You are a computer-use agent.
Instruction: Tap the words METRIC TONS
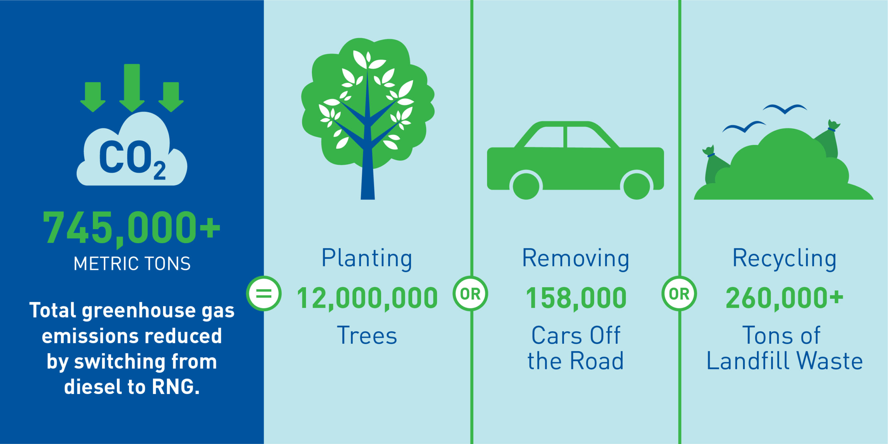132,264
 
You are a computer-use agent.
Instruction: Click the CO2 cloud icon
132,149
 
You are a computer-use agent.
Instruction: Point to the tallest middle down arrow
132,88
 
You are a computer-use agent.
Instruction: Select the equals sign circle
264,293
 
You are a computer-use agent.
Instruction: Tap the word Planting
367,259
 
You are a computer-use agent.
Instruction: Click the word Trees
367,336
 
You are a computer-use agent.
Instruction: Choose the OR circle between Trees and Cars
470,293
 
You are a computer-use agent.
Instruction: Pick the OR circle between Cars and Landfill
679,293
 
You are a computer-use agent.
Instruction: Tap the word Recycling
784,259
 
